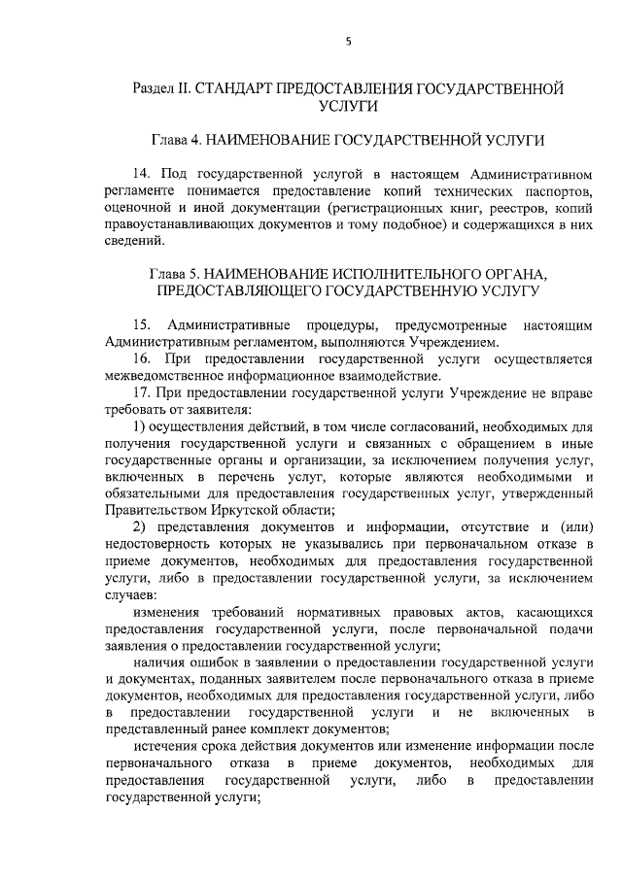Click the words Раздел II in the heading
pyautogui.click(x=160, y=88)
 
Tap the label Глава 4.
pyautogui.click(x=175, y=140)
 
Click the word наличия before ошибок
pyautogui.click(x=159, y=662)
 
